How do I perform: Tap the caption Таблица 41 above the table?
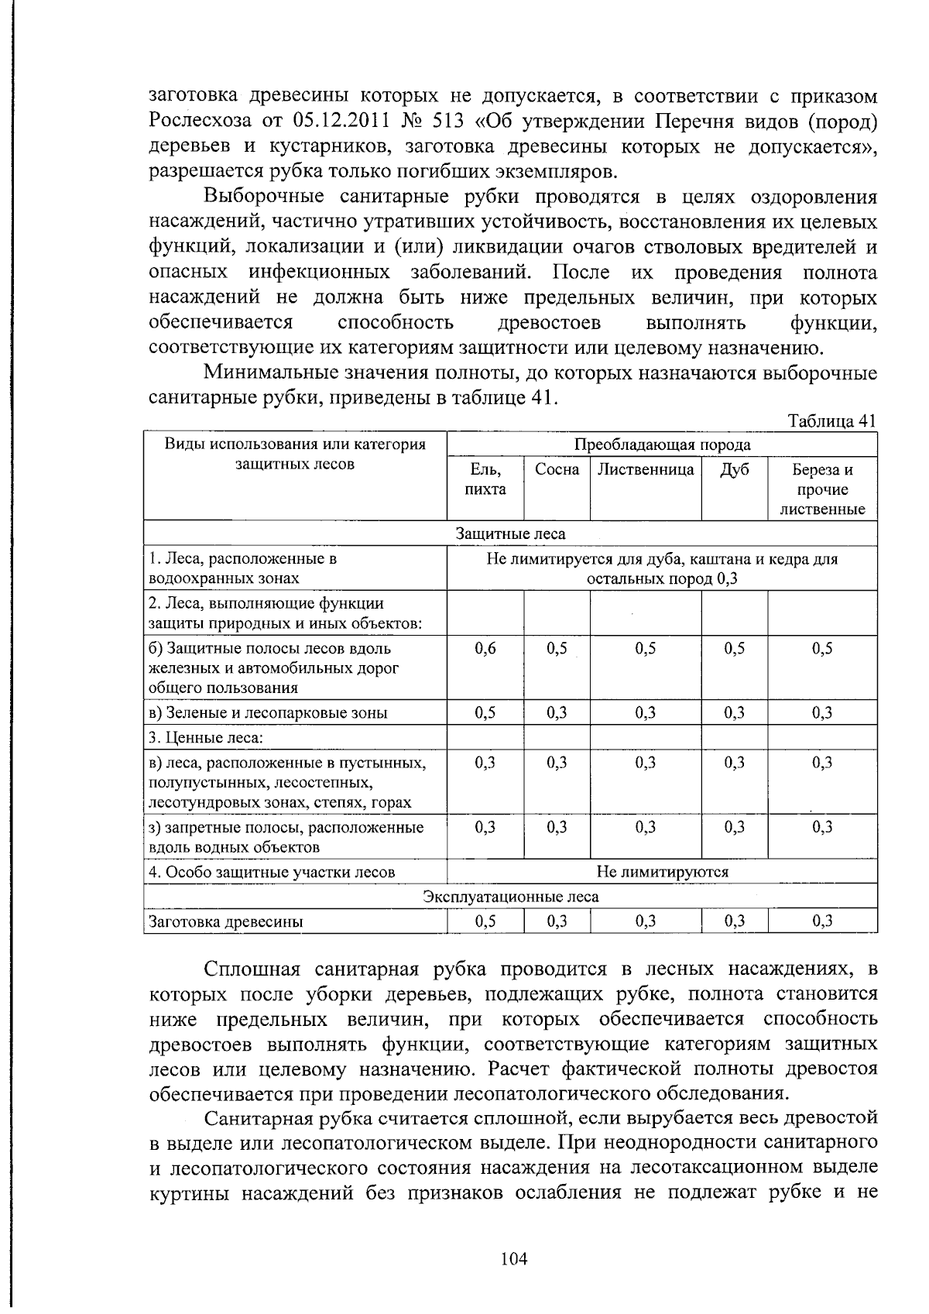pos(831,421)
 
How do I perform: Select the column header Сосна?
pos(557,469)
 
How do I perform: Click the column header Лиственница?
pos(646,469)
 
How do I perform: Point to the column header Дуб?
pos(734,469)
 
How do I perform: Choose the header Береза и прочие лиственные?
pos(822,489)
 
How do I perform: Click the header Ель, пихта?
pos(485,479)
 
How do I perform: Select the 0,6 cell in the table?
pos(485,649)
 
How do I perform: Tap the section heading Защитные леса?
pos(510,533)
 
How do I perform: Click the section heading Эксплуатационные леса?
pos(510,897)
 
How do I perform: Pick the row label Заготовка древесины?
pos(225,921)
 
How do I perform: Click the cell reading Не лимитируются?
pos(662,872)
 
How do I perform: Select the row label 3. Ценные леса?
pos(206,738)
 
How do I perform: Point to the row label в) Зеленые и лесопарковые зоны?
pos(268,713)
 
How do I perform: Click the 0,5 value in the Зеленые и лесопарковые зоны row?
pos(485,713)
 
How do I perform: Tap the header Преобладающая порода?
pos(662,444)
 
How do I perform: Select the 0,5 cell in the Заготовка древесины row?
pos(485,921)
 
